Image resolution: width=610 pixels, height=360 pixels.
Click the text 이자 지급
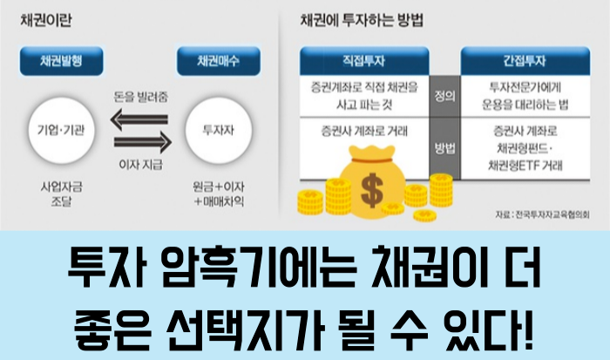[x=138, y=165]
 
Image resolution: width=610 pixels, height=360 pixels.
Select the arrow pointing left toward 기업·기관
[x=137, y=119]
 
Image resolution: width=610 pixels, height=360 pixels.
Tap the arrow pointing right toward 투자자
[x=137, y=139]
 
